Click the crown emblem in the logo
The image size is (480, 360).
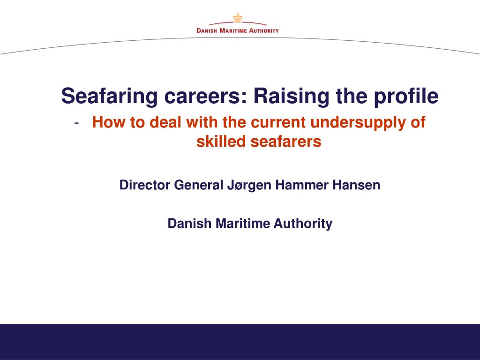click(x=237, y=18)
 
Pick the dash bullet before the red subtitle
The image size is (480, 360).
click(x=76, y=123)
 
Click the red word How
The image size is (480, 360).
click(x=106, y=122)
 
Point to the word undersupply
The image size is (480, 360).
click(x=359, y=123)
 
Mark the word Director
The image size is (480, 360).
click(x=145, y=185)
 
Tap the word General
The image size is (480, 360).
click(x=196, y=185)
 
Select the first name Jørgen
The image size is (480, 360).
click(x=248, y=186)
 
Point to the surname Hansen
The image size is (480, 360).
click(x=357, y=185)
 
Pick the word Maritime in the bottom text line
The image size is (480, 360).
click(x=243, y=224)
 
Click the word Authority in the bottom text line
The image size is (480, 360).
click(x=303, y=224)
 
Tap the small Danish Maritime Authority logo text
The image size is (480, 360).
click(x=238, y=30)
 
